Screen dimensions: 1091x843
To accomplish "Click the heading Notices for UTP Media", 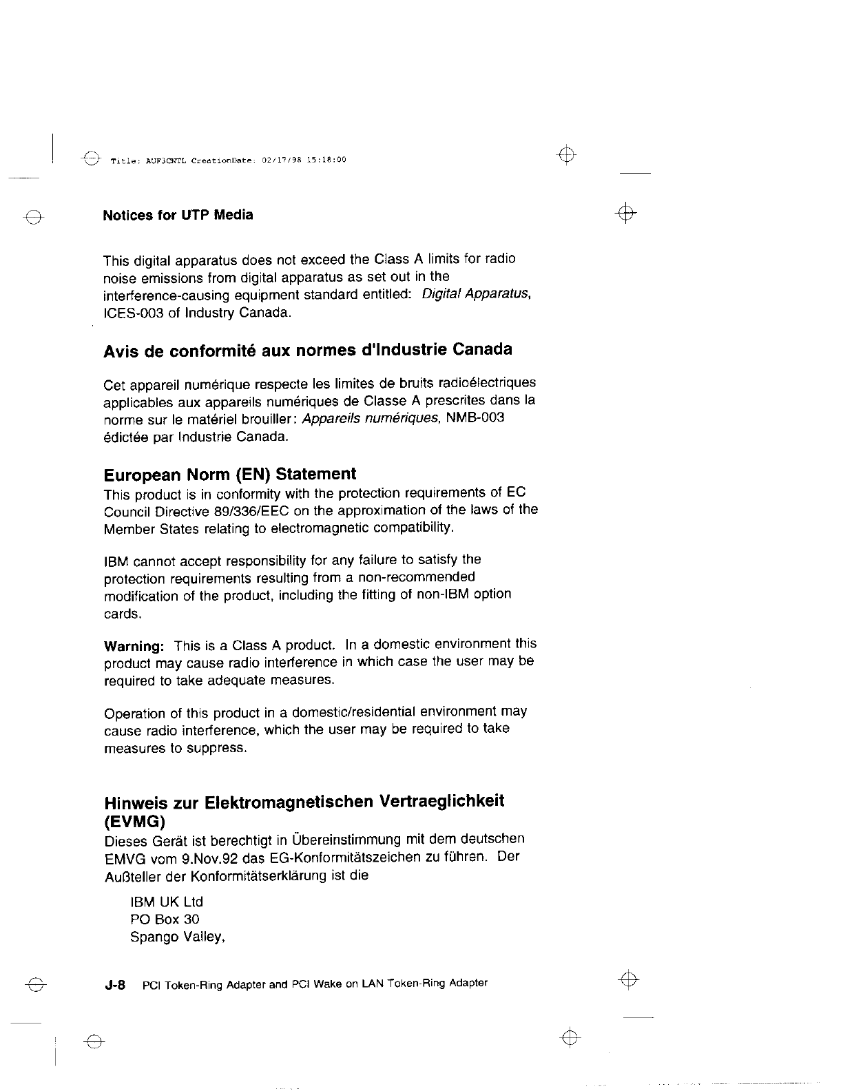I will [178, 215].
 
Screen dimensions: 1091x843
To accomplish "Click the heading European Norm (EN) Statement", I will [230, 475].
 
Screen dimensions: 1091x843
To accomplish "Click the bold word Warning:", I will [134, 647].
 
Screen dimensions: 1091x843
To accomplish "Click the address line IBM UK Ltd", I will [167, 902].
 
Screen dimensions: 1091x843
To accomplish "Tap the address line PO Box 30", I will [165, 919].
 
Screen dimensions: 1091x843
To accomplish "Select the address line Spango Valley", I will [178, 937].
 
